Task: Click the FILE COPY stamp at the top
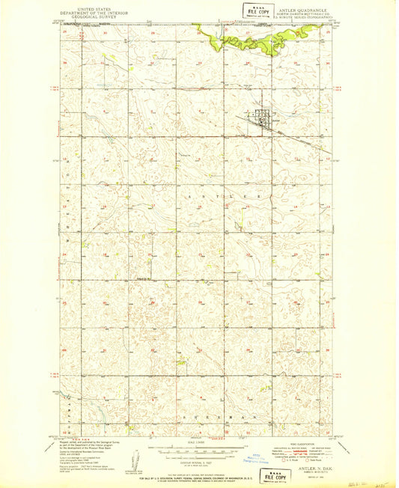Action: coord(256,10)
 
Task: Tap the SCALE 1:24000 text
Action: coord(194,441)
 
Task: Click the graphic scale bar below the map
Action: coord(194,449)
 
